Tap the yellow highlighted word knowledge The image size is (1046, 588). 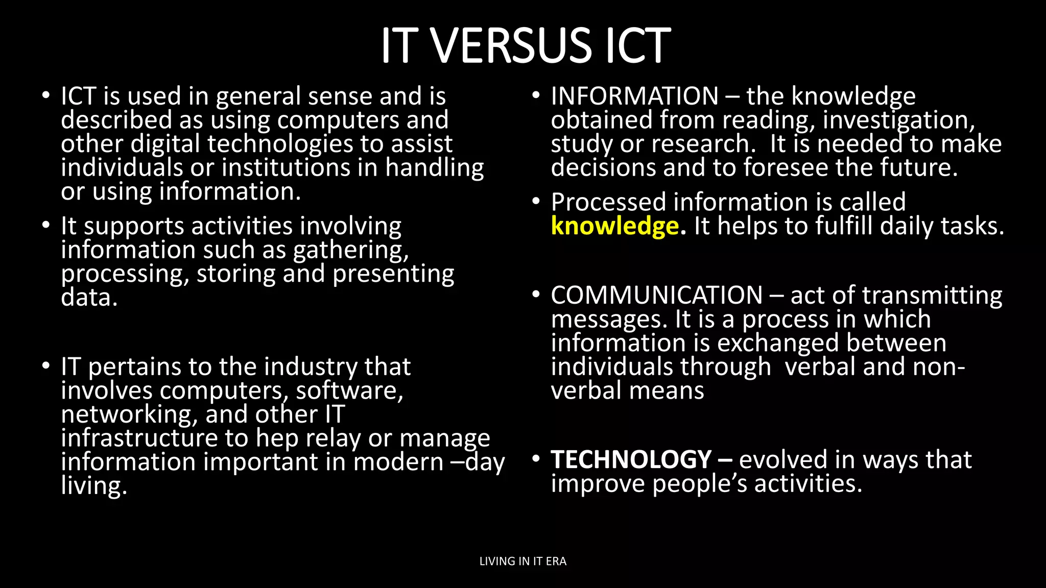(x=614, y=226)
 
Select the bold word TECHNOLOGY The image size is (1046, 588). (x=631, y=459)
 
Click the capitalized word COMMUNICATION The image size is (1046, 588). (x=656, y=296)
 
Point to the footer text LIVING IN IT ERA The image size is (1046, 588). (x=522, y=561)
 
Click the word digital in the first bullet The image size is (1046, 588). (x=165, y=144)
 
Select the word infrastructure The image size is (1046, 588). (x=154, y=438)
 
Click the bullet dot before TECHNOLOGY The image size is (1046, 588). (x=535, y=459)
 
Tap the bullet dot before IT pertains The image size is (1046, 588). (x=46, y=366)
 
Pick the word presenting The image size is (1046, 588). (x=393, y=274)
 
